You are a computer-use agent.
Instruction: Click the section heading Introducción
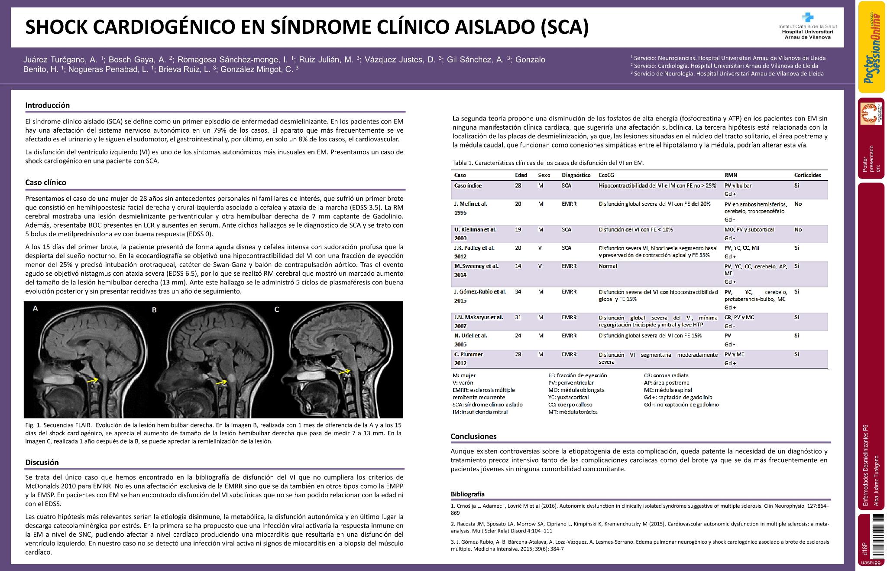pyautogui.click(x=47, y=105)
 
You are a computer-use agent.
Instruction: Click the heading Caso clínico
pyautogui.click(x=45, y=183)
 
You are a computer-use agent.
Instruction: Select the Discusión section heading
pyautogui.click(x=42, y=462)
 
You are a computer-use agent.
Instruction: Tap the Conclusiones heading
pyautogui.click(x=473, y=437)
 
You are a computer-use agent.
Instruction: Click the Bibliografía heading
pyautogui.click(x=467, y=494)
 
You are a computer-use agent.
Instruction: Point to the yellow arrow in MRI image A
pyautogui.click(x=92, y=380)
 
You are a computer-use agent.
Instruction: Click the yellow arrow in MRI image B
pyautogui.click(x=221, y=382)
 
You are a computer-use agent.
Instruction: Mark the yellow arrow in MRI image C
pyautogui.click(x=345, y=372)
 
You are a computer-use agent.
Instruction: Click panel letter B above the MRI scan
pyautogui.click(x=154, y=310)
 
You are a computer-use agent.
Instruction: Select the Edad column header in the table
pyautogui.click(x=521, y=175)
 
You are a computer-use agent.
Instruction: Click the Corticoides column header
pyautogui.click(x=807, y=175)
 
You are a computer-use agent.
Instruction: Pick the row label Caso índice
pyautogui.click(x=468, y=186)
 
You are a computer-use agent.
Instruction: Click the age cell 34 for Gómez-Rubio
pyautogui.click(x=518, y=292)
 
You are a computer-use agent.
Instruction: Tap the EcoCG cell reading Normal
pyautogui.click(x=608, y=266)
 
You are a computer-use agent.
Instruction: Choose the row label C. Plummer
pyautogui.click(x=468, y=354)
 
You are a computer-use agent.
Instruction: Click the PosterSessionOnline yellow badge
pyautogui.click(x=871, y=47)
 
